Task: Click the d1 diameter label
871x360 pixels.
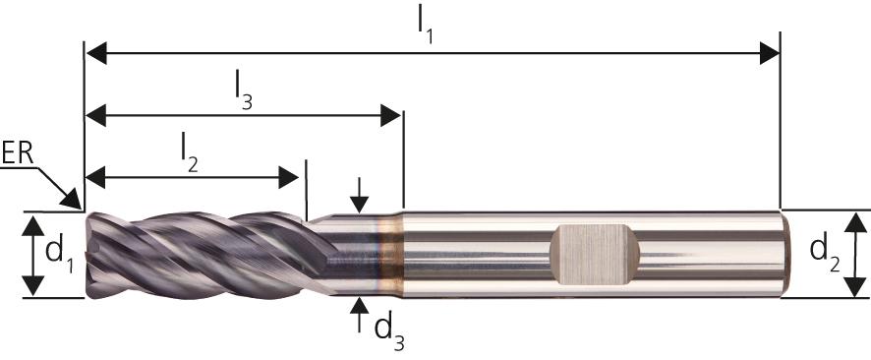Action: tap(59, 254)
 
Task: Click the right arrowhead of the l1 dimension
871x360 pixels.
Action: tap(770, 53)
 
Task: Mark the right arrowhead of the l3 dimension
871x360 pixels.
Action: tap(390, 115)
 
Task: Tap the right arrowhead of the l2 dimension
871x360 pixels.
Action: tap(288, 177)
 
